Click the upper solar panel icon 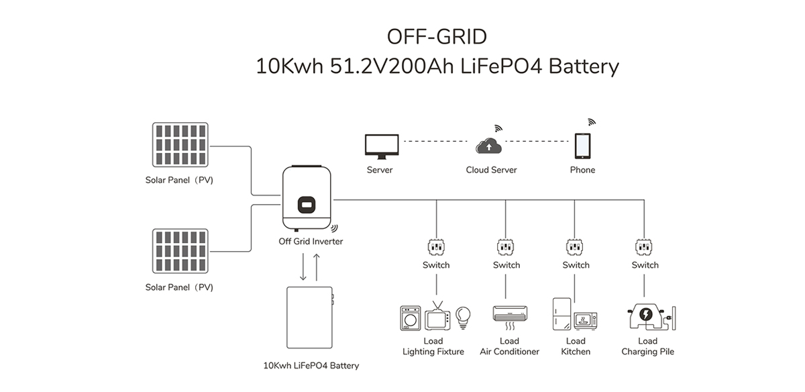[179, 145]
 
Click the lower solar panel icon [179, 252]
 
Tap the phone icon [582, 146]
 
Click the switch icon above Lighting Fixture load [436, 246]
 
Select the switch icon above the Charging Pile [645, 246]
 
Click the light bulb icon [464, 315]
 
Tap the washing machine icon [410, 318]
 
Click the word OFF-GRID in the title [437, 36]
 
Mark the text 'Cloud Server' [491, 170]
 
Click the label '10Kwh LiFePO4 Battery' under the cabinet [311, 366]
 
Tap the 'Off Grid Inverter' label [311, 242]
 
